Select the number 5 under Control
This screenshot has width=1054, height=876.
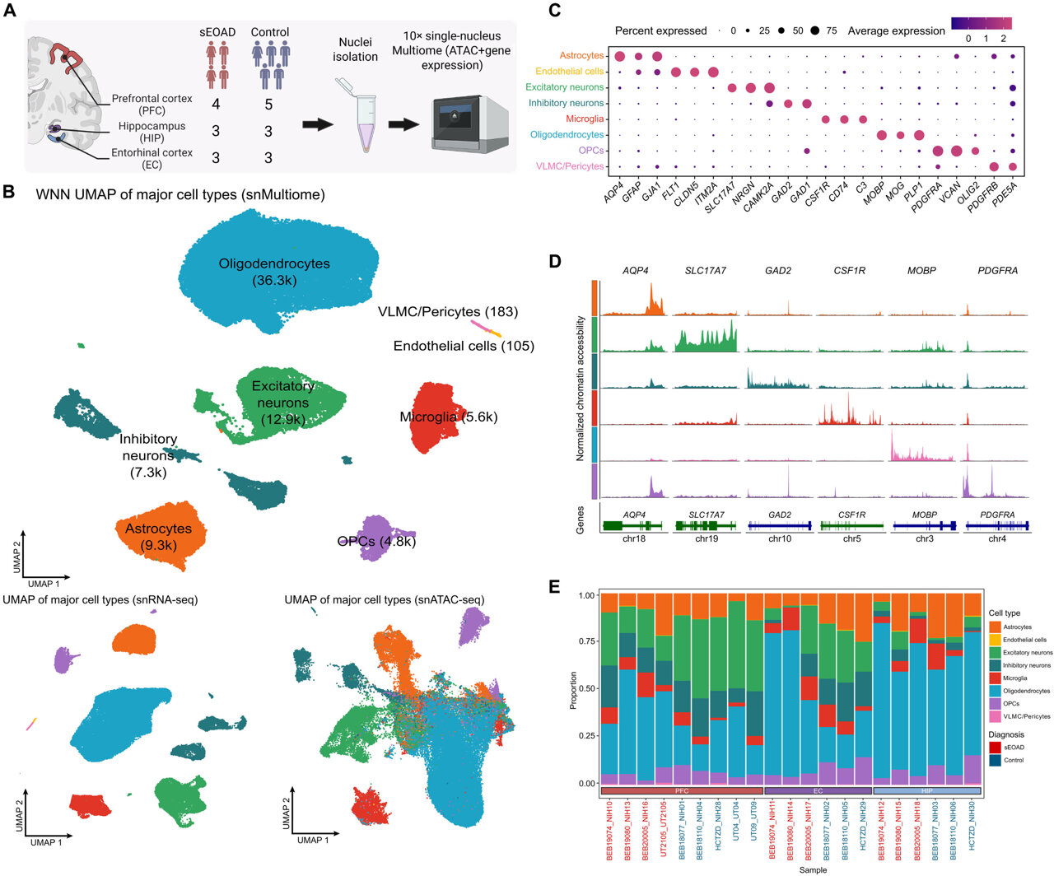(x=268, y=105)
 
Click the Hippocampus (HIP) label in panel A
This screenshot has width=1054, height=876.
(x=152, y=132)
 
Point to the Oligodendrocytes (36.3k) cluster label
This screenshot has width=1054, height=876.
(x=274, y=272)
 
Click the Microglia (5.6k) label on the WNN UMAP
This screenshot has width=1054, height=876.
(x=448, y=417)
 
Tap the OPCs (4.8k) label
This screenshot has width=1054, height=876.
(x=376, y=541)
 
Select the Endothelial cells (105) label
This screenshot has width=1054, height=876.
(x=464, y=346)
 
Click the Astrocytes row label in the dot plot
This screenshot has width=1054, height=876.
(x=581, y=55)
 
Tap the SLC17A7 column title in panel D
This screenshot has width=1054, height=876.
(x=706, y=270)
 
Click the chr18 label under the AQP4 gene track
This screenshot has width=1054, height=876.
(x=634, y=539)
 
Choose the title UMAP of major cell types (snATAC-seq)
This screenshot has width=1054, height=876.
(x=385, y=599)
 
